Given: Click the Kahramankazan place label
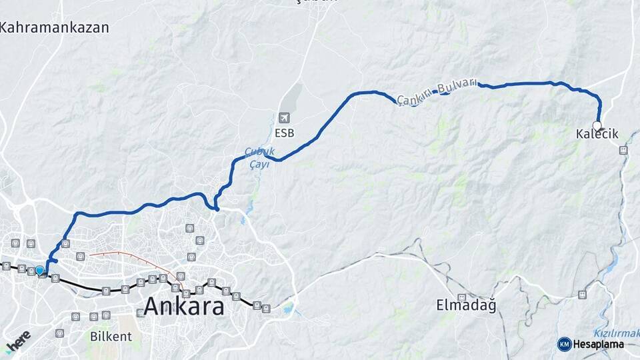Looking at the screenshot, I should [55, 27].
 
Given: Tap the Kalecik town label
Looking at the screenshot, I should [597, 135].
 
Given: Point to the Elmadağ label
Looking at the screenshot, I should [466, 306].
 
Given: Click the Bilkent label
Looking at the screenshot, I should [109, 335].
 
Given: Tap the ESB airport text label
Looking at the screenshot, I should [285, 133].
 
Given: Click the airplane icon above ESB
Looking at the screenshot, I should [285, 118].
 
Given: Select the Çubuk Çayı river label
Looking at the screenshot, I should [259, 157].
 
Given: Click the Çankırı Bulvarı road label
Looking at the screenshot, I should [437, 91].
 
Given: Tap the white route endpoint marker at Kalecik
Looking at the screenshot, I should [597, 125].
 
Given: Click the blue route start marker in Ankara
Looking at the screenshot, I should [40, 270].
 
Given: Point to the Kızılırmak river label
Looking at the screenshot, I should [615, 333].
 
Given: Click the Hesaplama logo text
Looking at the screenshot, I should [598, 344].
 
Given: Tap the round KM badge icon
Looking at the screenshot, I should [564, 344].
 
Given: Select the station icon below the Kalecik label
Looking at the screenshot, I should [623, 151].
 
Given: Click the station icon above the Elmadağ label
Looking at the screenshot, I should [461, 297].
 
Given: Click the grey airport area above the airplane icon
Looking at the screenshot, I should [292, 97].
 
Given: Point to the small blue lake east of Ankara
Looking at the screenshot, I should [287, 309].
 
